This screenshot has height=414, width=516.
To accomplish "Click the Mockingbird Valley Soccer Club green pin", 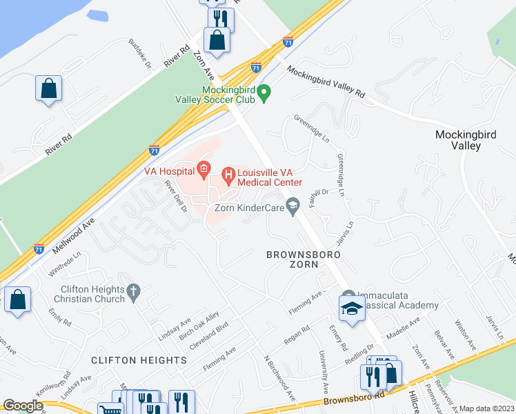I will tap(263, 93).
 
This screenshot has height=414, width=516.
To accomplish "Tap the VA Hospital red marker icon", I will tap(203, 168).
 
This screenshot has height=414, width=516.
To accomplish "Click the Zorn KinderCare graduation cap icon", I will tap(294, 206).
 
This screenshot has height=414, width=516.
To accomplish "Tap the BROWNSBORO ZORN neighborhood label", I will tap(303, 259).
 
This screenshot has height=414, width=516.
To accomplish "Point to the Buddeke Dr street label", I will tap(139, 54).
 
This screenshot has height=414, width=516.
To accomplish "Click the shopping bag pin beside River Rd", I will tap(48, 88).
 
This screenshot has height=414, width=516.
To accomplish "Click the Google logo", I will tap(23, 406).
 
